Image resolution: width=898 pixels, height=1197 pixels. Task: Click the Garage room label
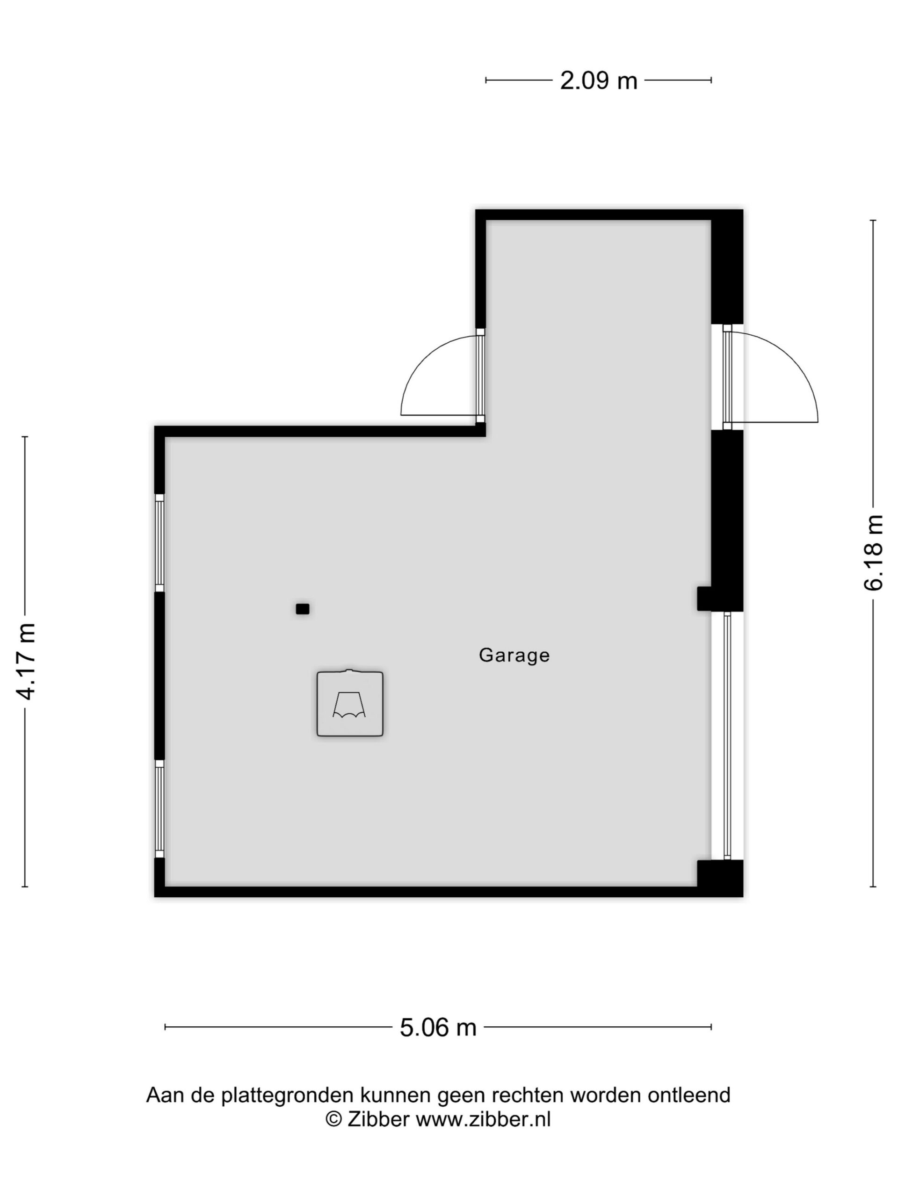[x=514, y=656]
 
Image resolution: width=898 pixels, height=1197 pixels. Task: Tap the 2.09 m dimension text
[x=598, y=80]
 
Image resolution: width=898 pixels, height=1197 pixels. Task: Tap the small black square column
[x=303, y=609]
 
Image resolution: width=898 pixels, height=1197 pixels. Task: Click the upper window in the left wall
[x=159, y=543]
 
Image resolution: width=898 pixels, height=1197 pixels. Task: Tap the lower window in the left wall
[x=159, y=808]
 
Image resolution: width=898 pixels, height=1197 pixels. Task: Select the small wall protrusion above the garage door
[x=704, y=599]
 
